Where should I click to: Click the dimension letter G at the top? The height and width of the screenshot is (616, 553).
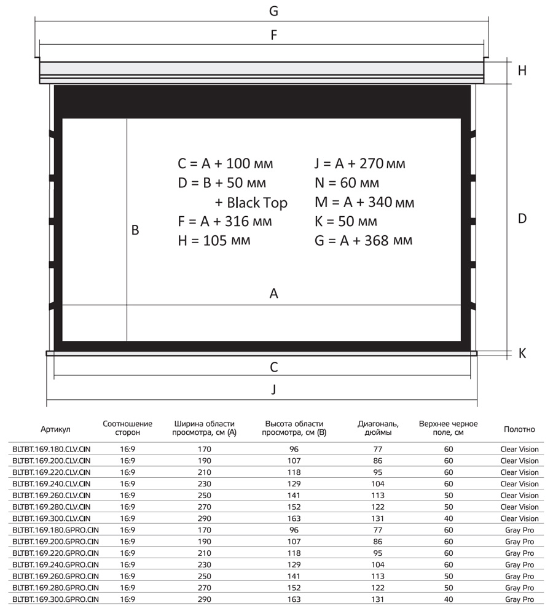(x=274, y=11)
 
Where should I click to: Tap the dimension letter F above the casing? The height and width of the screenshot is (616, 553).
(x=274, y=35)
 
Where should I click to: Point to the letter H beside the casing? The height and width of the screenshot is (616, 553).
(x=522, y=71)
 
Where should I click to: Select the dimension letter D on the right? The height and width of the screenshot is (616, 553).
(x=522, y=218)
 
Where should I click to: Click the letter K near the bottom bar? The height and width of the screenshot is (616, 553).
(x=522, y=354)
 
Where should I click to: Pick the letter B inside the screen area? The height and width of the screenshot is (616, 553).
(x=135, y=230)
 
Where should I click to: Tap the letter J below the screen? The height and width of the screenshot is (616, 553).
(x=274, y=389)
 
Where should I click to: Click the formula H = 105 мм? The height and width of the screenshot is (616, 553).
(x=214, y=240)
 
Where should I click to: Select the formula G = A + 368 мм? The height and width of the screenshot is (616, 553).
(x=363, y=240)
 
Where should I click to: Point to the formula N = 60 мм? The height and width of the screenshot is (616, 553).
(x=347, y=183)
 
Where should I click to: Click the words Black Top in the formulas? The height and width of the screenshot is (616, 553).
(x=257, y=202)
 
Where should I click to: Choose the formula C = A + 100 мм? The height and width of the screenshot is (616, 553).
(x=225, y=164)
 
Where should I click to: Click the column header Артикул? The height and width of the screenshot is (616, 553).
(x=56, y=429)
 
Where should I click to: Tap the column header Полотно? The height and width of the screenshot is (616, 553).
(x=519, y=429)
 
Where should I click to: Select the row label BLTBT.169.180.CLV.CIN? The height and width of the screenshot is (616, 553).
(x=52, y=449)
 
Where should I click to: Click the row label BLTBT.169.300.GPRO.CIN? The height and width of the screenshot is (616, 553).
(x=55, y=599)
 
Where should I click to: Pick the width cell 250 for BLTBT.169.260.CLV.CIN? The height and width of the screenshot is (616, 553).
(x=205, y=495)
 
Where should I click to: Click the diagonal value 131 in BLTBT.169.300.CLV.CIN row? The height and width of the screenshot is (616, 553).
(x=378, y=518)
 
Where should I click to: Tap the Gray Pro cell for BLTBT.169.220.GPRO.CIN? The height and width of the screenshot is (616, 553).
(x=519, y=553)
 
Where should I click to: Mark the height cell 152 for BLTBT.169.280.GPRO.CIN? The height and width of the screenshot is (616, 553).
(x=294, y=588)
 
